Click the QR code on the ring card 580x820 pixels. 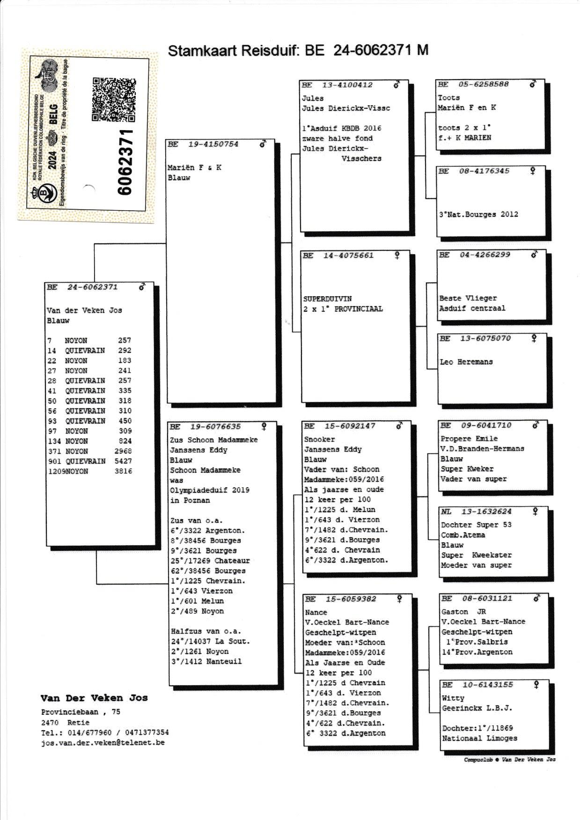coord(114,99)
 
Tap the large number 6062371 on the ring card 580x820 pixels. coord(125,161)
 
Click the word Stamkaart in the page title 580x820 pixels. coord(202,51)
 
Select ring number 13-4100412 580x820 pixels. coord(347,85)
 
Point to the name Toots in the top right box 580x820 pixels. coord(448,98)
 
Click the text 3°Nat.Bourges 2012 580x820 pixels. coord(478,214)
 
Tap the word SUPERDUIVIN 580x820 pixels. coord(327,299)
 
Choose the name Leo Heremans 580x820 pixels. coord(466,362)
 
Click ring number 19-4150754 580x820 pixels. coord(213,144)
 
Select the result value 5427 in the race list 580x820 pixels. coord(123,461)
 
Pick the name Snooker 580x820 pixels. coord(319,439)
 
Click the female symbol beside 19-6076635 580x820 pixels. coord(264,426)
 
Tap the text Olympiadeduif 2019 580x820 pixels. coord(209,490)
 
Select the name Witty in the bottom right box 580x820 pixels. coord(453,698)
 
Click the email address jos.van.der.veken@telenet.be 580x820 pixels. coord(103,742)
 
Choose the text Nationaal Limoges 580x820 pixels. coord(479,738)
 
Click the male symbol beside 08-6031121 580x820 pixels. coord(537,598)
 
